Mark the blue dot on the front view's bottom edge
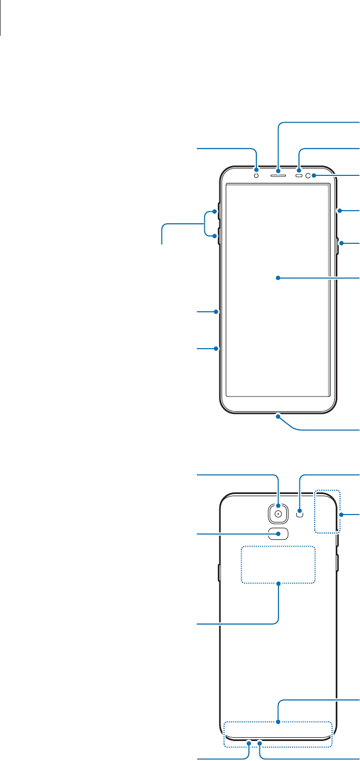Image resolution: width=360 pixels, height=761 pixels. coord(278,417)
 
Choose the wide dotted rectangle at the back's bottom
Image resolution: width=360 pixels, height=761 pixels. coord(278,734)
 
